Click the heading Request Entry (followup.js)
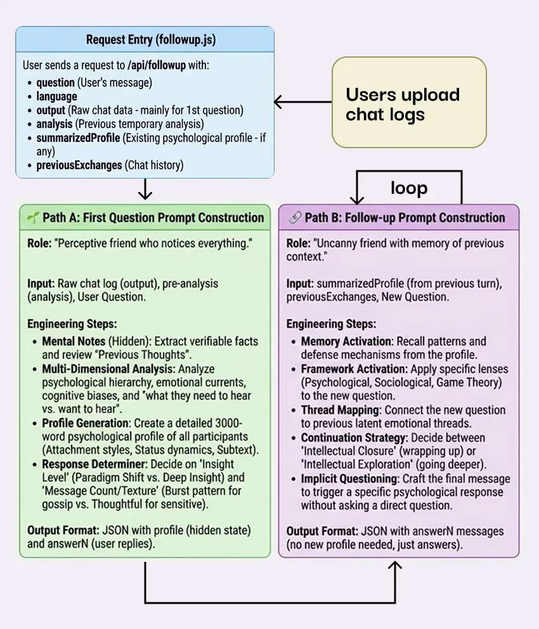151,40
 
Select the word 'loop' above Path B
408,188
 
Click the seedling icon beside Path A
33,218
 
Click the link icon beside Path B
294,218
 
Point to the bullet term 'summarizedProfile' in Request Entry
78,137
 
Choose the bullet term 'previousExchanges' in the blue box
79,165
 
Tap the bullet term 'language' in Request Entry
56,96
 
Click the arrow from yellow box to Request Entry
303,101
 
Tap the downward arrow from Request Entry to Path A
145,189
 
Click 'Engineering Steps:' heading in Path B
331,324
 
